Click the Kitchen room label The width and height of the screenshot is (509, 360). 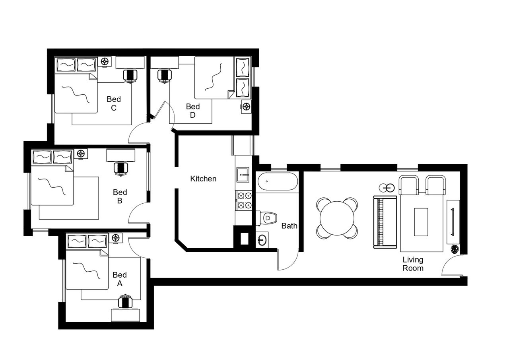point(203,179)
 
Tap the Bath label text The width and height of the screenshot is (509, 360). point(289,226)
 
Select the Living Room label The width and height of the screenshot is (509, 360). point(413,264)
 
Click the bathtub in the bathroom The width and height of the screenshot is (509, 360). point(277,182)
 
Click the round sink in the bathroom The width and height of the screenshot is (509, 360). point(262,240)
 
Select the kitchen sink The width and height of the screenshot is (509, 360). point(242,174)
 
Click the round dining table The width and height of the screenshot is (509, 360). point(337,218)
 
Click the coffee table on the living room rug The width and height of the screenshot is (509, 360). point(421,222)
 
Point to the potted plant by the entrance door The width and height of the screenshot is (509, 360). point(455,249)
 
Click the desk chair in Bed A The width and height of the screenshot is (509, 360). point(126,302)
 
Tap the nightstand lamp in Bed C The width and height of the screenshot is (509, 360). point(105,61)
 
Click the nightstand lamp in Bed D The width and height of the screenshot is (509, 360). point(246,106)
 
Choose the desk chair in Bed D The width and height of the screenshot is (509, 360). point(163,75)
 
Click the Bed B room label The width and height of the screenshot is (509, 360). point(120,197)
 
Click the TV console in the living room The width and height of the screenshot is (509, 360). point(453,222)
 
